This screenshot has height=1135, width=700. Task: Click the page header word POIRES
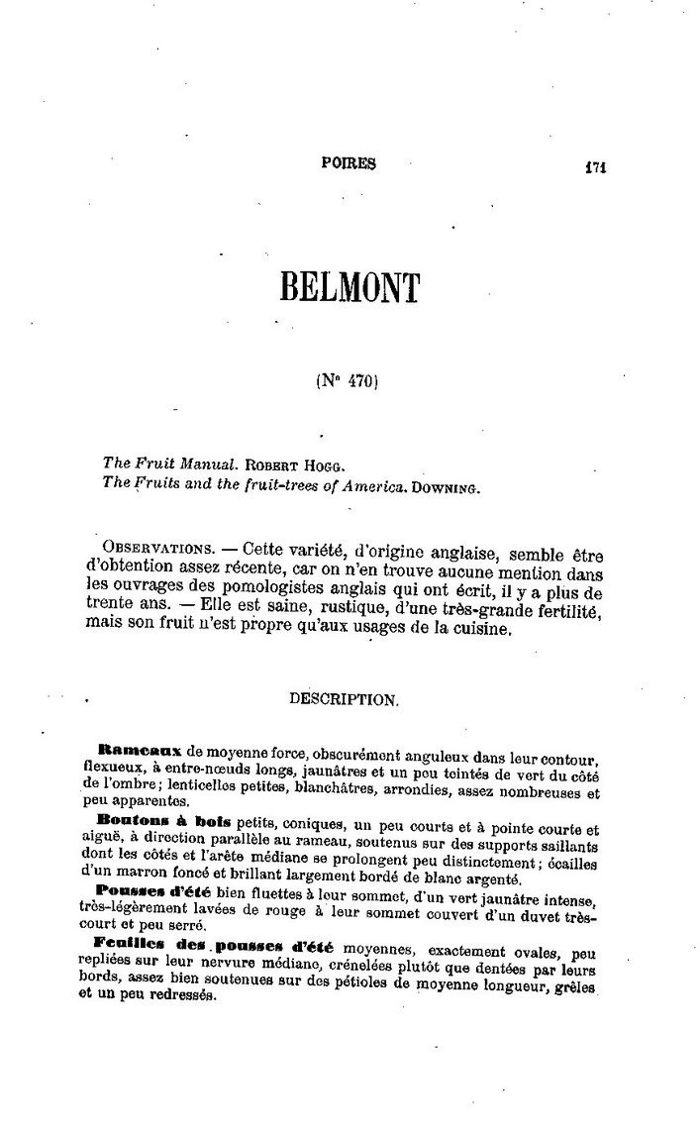[x=349, y=165]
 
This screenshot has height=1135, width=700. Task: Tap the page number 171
[x=594, y=166]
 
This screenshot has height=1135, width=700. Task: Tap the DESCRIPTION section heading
[x=344, y=698]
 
